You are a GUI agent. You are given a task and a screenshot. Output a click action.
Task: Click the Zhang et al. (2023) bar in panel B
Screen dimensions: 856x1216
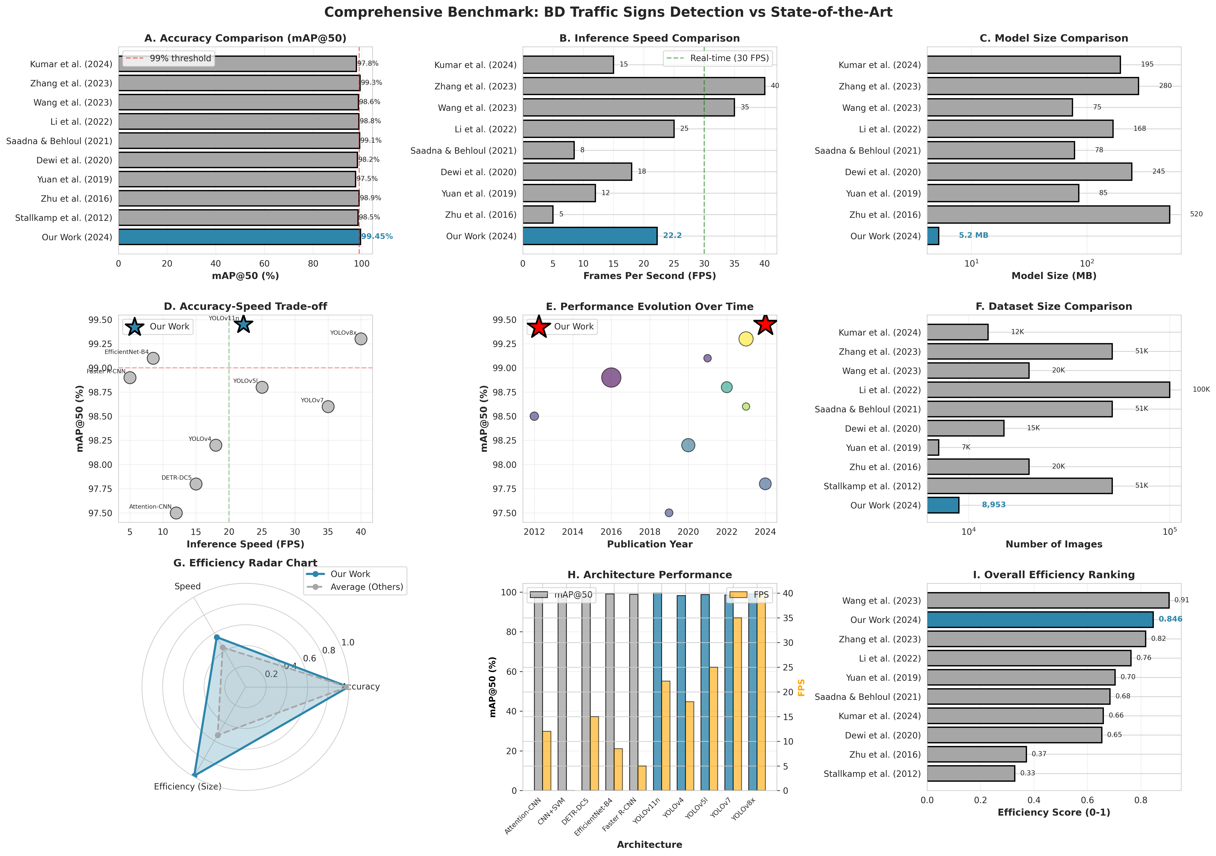(643, 86)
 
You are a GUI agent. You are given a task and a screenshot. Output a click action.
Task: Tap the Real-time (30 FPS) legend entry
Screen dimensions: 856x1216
(718, 58)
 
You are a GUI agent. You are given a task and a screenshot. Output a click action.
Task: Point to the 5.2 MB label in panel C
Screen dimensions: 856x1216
(973, 235)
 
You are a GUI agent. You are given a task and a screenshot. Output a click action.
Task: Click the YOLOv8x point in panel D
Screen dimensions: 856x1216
(361, 339)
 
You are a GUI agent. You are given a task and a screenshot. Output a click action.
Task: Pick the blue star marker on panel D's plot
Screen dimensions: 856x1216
(243, 324)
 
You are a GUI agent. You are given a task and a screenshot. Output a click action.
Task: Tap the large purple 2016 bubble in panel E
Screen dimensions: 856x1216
(611, 377)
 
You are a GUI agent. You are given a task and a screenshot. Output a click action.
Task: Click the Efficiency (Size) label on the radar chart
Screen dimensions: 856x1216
(188, 787)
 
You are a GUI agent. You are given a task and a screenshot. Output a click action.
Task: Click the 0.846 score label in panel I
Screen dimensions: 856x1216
(1170, 619)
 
